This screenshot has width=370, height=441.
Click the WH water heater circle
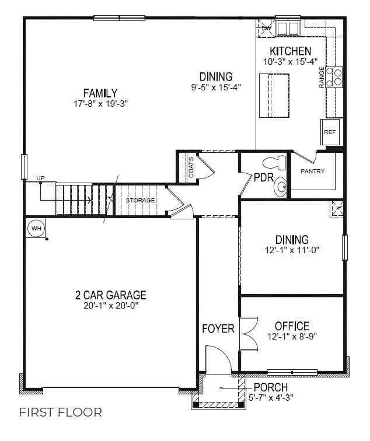tap(36, 228)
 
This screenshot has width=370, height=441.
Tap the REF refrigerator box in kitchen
tap(330, 132)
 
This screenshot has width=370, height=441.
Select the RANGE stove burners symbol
tap(335, 77)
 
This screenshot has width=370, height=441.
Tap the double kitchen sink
tap(287, 28)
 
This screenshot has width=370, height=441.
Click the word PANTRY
tap(312, 171)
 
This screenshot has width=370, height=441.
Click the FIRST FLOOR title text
tap(61, 412)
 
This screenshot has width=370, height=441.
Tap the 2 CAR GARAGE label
tap(111, 295)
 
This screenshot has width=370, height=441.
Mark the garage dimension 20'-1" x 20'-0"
tap(111, 306)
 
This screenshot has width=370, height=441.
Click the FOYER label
tap(218, 329)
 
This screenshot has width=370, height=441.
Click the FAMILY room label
tap(100, 93)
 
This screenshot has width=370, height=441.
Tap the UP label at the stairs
tap(40, 178)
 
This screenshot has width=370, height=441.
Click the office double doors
tap(247, 334)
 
